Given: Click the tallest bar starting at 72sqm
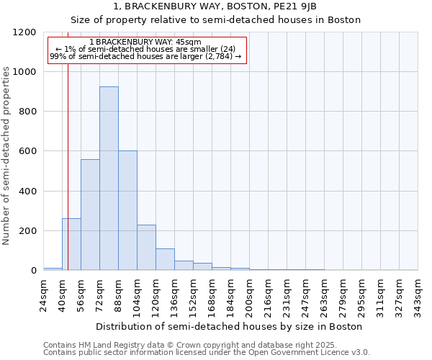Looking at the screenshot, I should [109, 179].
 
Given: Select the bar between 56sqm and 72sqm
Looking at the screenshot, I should [90, 215].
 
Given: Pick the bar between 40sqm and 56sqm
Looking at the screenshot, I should [71, 244].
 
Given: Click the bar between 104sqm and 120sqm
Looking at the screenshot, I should [146, 248].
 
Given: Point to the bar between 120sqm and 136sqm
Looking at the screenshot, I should [165, 259].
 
